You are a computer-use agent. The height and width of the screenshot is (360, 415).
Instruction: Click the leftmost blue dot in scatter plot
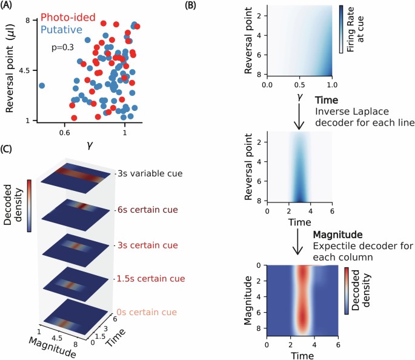tap(42, 85)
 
